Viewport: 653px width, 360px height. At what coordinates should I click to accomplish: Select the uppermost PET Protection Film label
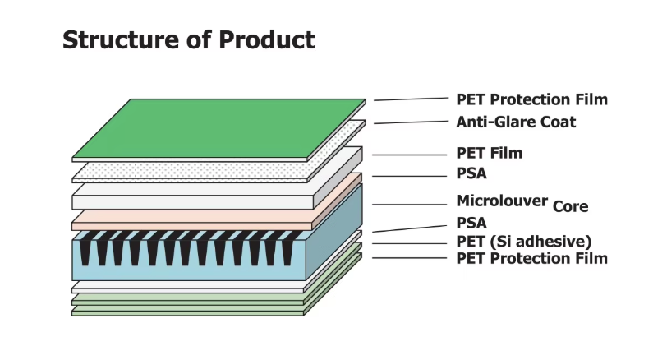tap(531, 99)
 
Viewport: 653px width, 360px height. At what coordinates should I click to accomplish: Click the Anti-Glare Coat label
tap(516, 122)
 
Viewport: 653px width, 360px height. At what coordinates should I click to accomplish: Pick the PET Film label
tap(489, 153)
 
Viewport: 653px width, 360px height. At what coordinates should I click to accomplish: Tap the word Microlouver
tap(502, 201)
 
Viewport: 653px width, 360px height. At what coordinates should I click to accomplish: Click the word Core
tap(570, 206)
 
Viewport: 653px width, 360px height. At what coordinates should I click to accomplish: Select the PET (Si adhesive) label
tap(523, 241)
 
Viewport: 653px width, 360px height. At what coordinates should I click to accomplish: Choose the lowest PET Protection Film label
tap(531, 258)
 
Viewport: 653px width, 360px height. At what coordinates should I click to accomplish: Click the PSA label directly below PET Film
tap(471, 173)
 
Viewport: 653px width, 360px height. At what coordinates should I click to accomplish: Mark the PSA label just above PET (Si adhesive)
tap(471, 223)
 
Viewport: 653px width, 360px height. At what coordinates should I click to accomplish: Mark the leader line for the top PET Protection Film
tap(410, 99)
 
